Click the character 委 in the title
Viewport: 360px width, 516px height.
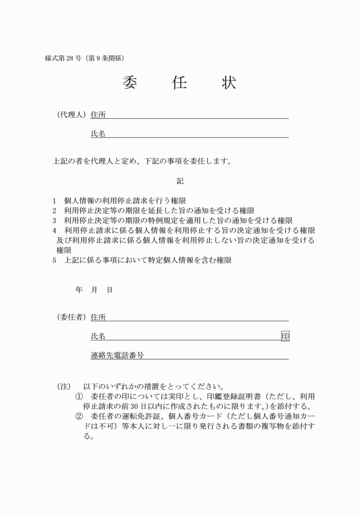[130, 83]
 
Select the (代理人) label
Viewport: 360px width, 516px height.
[71, 115]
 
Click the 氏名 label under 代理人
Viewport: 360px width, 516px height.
[98, 134]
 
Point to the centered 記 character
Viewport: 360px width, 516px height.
[180, 181]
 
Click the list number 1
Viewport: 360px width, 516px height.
[54, 201]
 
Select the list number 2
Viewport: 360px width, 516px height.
[54, 211]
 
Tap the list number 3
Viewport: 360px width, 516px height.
[54, 221]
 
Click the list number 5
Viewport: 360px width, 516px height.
[54, 260]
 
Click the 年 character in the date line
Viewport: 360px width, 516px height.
[79, 290]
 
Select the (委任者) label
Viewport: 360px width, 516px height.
[71, 317]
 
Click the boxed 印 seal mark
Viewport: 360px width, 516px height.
[285, 337]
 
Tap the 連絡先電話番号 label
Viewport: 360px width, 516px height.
[117, 355]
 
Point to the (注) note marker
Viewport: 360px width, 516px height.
[63, 386]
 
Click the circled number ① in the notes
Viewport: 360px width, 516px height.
[79, 397]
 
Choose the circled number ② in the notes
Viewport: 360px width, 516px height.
[79, 417]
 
